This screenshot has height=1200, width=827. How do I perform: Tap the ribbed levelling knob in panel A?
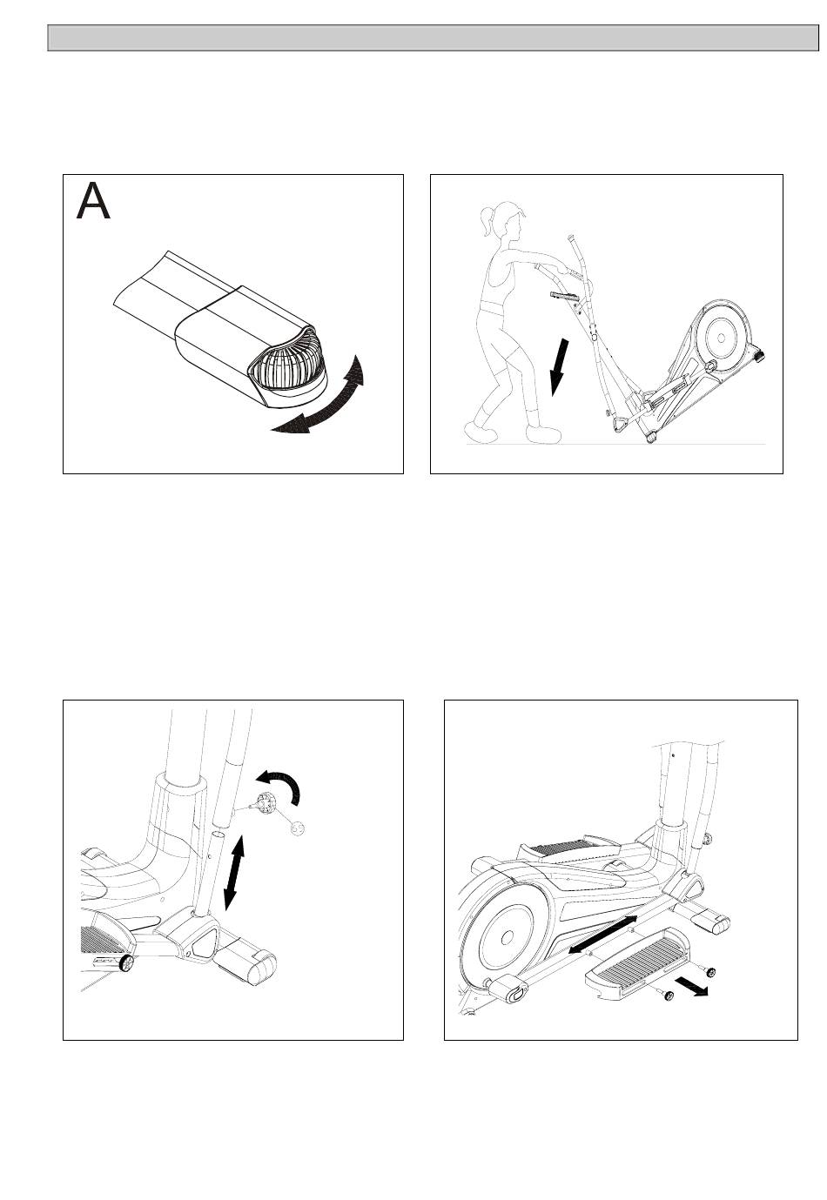pyautogui.click(x=289, y=364)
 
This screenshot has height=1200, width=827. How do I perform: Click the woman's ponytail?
pyautogui.click(x=487, y=222)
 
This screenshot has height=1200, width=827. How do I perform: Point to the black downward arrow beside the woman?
pyautogui.click(x=559, y=367)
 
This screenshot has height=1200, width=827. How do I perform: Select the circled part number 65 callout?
pyautogui.click(x=297, y=828)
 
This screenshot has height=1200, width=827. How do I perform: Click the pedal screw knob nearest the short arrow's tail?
pyautogui.click(x=669, y=996)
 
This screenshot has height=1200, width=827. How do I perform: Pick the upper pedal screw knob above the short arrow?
pyautogui.click(x=711, y=971)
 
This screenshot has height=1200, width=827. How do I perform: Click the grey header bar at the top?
pyautogui.click(x=433, y=37)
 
